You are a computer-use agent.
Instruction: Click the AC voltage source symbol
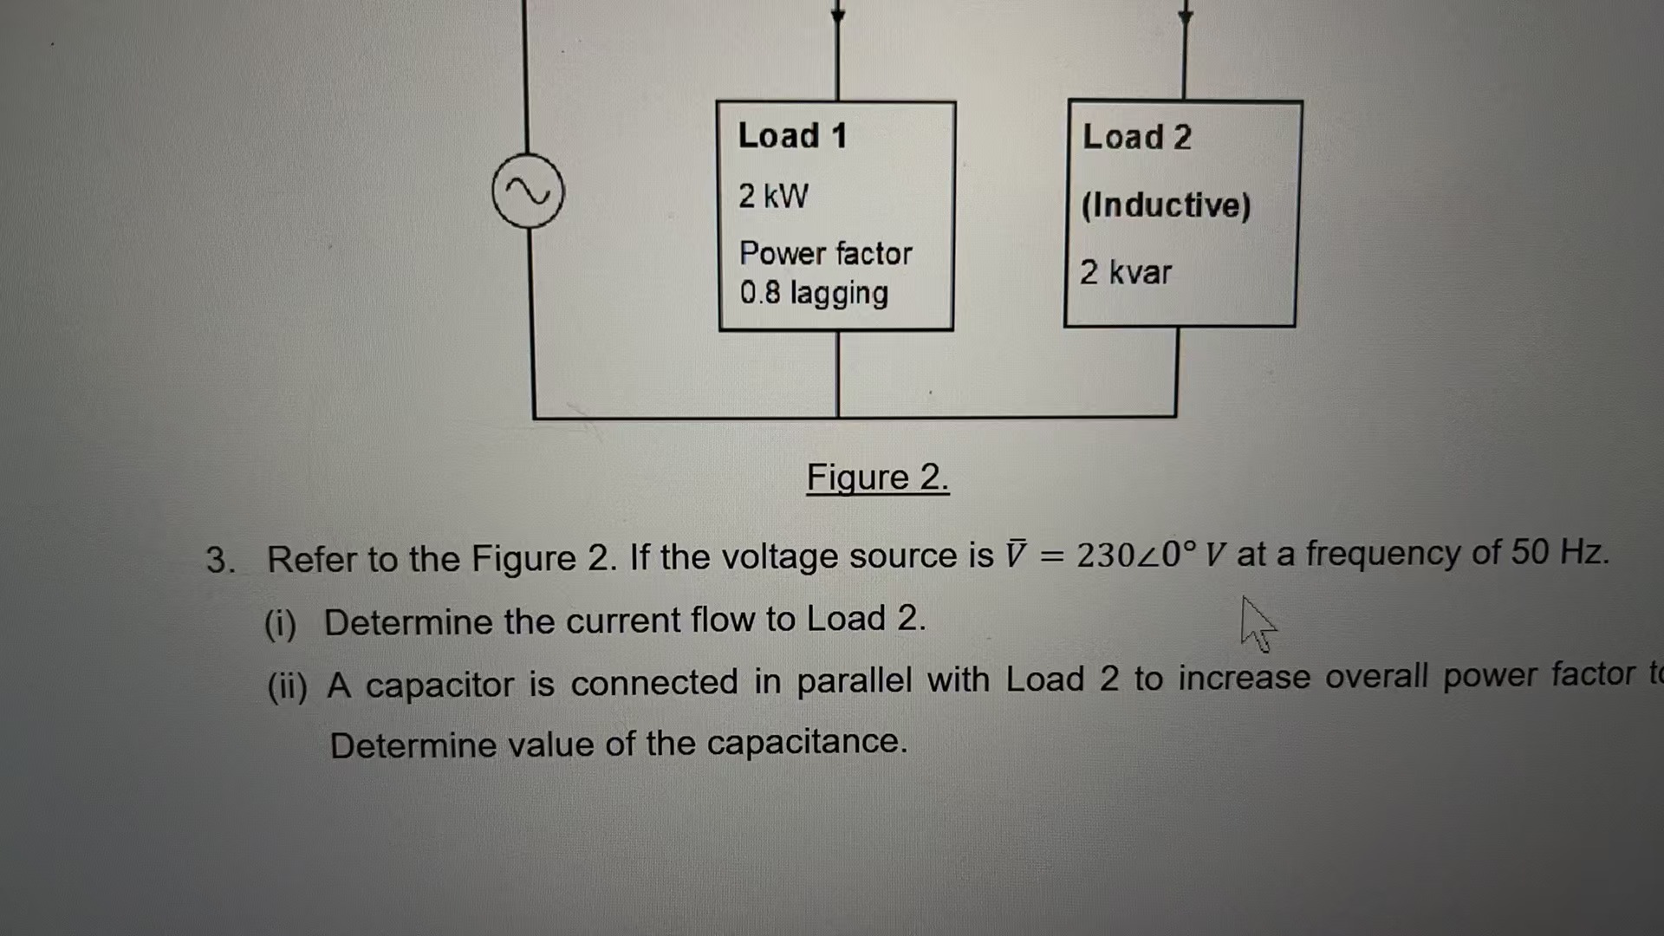point(528,192)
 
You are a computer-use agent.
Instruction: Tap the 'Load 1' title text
point(792,136)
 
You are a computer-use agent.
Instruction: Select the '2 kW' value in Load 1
point(773,196)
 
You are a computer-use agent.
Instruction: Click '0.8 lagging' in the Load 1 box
point(814,293)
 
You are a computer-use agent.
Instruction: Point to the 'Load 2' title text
point(1136,137)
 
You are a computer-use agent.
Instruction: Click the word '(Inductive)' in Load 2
point(1166,205)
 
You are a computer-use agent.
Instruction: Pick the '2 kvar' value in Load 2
point(1125,273)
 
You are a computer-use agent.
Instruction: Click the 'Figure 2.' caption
point(877,478)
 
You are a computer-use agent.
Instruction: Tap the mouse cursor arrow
point(1257,621)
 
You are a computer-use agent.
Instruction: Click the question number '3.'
point(220,560)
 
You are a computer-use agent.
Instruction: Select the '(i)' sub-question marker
point(280,624)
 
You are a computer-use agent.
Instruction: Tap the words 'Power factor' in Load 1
point(825,253)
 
